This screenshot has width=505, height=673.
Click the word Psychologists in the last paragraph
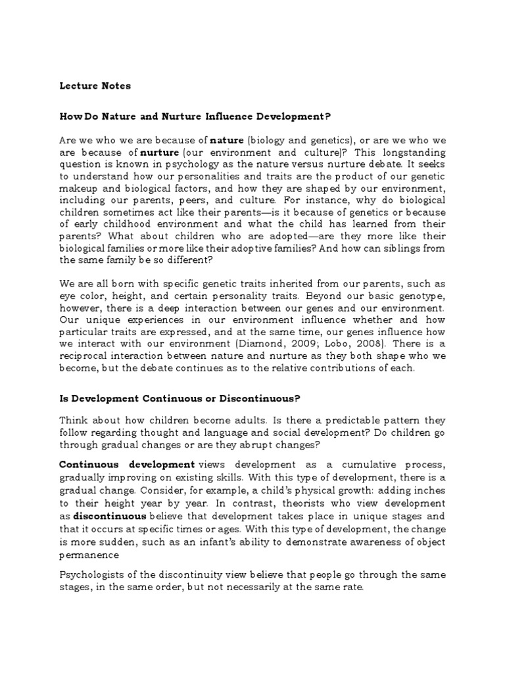coord(95,574)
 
